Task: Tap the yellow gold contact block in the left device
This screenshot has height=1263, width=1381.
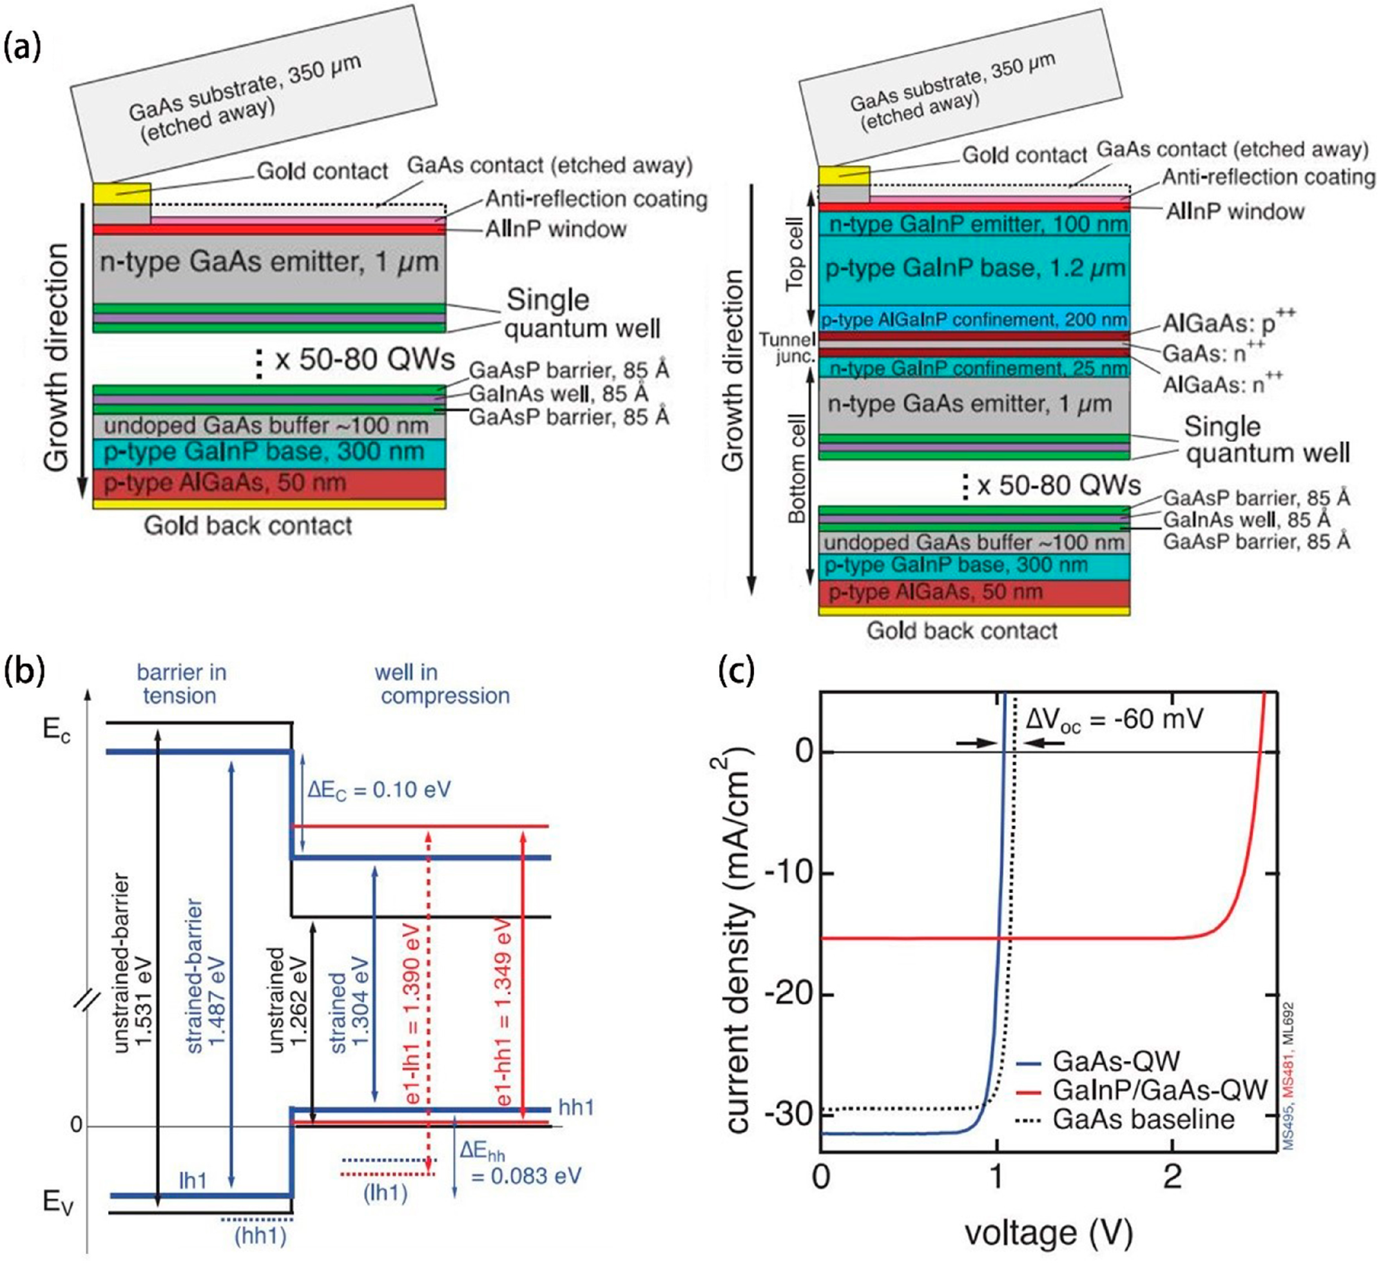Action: pos(122,193)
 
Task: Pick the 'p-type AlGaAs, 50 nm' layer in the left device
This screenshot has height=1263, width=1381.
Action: pos(269,483)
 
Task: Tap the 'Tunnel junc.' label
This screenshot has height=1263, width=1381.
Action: pos(787,348)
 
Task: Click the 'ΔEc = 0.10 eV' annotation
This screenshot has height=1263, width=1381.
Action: pos(379,790)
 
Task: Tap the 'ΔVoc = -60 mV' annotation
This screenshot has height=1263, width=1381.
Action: pos(1114,720)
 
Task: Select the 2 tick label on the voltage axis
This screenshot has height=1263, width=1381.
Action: pos(1173,1177)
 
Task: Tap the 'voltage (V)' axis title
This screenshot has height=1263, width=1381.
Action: pos(1048,1232)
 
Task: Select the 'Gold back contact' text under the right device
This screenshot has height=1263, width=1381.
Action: pos(961,631)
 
